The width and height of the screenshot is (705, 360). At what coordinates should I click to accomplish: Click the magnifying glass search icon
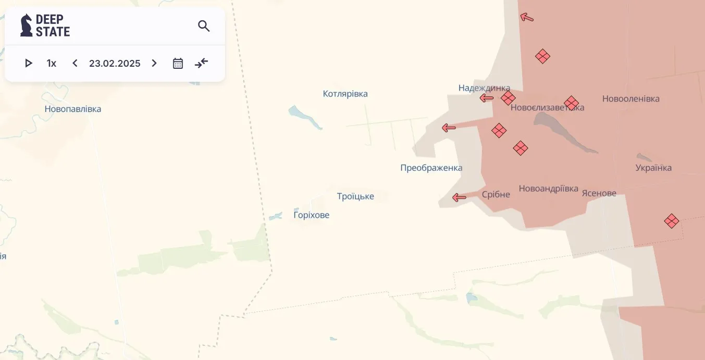[204, 26]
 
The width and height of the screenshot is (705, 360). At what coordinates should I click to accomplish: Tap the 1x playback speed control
[51, 64]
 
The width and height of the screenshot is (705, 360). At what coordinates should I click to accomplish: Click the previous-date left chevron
[75, 64]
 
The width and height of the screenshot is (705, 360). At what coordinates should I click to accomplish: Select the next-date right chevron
[154, 64]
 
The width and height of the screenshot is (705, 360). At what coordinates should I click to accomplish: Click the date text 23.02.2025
[115, 64]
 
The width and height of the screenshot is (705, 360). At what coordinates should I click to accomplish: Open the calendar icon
[178, 64]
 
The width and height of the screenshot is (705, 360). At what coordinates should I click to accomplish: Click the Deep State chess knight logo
[26, 26]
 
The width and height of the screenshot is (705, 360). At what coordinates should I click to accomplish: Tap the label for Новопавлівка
[73, 109]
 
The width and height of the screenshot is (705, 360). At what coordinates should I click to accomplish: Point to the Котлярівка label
[345, 94]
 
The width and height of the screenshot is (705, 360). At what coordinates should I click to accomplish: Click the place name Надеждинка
[484, 88]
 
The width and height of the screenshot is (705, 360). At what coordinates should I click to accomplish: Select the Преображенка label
[431, 168]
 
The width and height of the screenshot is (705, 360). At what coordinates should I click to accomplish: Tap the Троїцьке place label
[355, 197]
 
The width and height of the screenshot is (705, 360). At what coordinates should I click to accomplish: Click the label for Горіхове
[311, 215]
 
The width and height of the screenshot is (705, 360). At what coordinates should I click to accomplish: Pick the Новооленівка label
[630, 99]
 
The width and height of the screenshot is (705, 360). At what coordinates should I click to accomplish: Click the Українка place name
[653, 168]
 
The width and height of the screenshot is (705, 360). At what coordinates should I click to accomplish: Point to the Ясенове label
[599, 194]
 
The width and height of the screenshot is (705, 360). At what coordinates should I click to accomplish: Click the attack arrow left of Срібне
[459, 197]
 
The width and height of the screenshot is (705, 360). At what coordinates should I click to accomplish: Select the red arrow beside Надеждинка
[487, 98]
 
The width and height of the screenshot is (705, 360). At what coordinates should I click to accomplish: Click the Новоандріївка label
[548, 189]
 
